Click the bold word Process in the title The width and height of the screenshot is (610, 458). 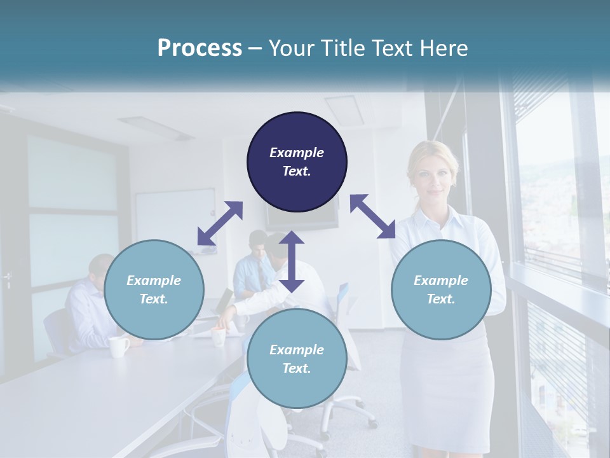[200, 48]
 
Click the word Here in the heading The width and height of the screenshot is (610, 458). [442, 48]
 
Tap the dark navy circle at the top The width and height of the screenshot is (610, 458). [297, 162]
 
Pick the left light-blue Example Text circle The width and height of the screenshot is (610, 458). [154, 289]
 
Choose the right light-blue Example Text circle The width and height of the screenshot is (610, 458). [441, 289]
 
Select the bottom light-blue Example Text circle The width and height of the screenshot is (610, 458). [297, 359]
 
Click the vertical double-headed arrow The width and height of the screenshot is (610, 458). [292, 261]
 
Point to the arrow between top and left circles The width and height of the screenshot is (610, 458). [220, 223]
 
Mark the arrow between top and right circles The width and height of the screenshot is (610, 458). [372, 216]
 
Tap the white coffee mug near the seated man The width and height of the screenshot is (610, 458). [118, 347]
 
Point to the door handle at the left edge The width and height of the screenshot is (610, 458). [7, 279]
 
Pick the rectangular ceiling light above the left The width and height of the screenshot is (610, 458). [147, 127]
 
